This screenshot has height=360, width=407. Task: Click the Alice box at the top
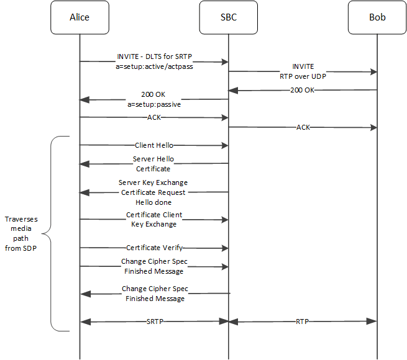pos(80,17)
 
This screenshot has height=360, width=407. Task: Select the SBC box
pos(228,17)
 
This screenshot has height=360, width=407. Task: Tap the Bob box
pos(377,17)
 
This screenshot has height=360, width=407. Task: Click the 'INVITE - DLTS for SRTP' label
pos(153,56)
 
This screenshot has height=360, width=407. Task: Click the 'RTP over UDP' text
pos(303,76)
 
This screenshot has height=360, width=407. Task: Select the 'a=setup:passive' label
pos(153,106)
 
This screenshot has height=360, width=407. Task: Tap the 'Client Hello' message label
pos(153,145)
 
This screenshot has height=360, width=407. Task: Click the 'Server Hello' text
pos(153,159)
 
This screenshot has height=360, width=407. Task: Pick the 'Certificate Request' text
pos(153,192)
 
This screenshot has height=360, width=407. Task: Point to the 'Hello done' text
pos(153,202)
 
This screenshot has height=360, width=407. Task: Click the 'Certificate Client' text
pos(153,215)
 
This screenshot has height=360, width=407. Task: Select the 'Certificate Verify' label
pos(153,248)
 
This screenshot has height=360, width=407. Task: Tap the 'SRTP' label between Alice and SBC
pos(153,322)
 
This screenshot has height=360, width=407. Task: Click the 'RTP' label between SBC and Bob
pos(303,322)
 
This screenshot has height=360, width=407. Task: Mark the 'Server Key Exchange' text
pos(153,183)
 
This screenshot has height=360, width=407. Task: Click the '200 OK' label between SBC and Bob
pos(303,90)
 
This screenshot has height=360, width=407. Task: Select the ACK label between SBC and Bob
pos(303,127)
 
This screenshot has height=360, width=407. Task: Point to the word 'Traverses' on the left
pos(21,220)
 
